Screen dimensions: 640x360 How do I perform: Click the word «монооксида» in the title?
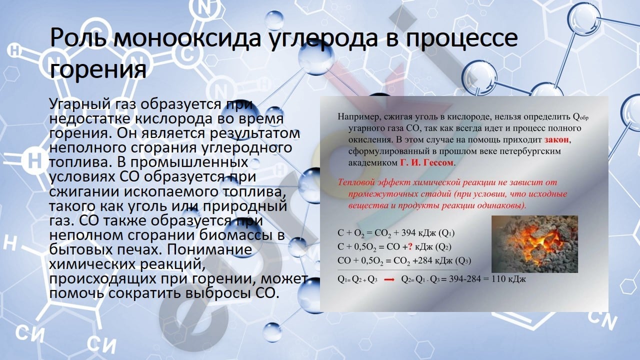[187, 38]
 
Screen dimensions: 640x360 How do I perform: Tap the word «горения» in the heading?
[98, 70]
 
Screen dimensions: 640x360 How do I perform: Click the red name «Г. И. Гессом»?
[427, 162]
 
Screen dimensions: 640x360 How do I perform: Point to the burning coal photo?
[534, 244]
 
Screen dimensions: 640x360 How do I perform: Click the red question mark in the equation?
[410, 246]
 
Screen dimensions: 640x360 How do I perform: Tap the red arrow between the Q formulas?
[389, 279]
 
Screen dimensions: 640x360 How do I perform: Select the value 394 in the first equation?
[408, 233]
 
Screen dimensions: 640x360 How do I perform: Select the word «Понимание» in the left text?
[209, 249]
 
